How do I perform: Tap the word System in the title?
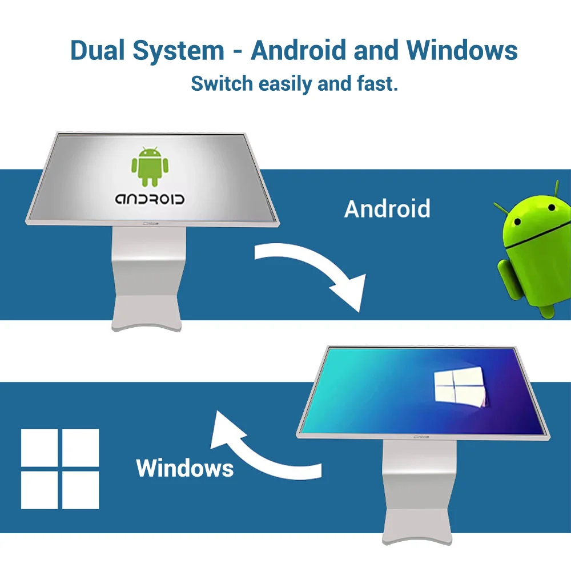coord(178,50)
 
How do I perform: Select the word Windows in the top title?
coord(463,50)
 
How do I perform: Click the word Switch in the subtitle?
coord(221,83)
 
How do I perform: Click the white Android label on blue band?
coord(387,208)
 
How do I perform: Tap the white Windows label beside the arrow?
coord(185,468)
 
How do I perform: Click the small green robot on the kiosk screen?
coord(150,166)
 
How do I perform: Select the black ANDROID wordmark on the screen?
coord(150,199)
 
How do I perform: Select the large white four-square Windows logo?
coord(60,469)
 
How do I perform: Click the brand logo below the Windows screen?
coord(421,437)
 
